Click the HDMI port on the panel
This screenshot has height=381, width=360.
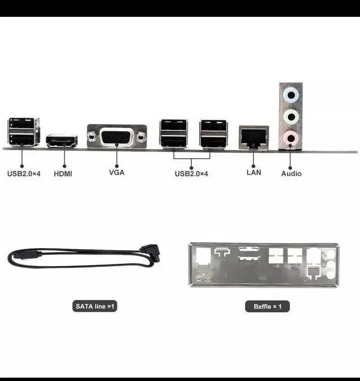(x=61, y=141)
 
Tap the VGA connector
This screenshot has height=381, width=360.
(x=116, y=136)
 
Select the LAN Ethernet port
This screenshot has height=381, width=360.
(x=253, y=137)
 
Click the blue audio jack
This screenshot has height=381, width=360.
(x=290, y=95)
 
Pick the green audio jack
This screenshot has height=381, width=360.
(x=290, y=116)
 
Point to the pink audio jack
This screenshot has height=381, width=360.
(x=290, y=137)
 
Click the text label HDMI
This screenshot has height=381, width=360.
(x=63, y=174)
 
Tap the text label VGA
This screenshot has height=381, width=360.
(x=116, y=173)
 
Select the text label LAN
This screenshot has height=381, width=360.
(x=254, y=172)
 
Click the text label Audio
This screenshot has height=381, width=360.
(x=291, y=173)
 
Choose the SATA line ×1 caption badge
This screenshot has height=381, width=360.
(x=95, y=307)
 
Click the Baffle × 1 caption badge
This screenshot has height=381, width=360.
(x=268, y=307)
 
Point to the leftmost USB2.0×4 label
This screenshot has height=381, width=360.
(x=24, y=174)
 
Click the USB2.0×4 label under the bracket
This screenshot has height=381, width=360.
(x=191, y=174)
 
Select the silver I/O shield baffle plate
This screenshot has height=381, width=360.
(x=264, y=265)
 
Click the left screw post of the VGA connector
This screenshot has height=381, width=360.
(x=92, y=136)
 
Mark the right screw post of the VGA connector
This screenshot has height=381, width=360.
(x=141, y=136)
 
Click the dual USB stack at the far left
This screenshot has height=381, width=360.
(x=24, y=132)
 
